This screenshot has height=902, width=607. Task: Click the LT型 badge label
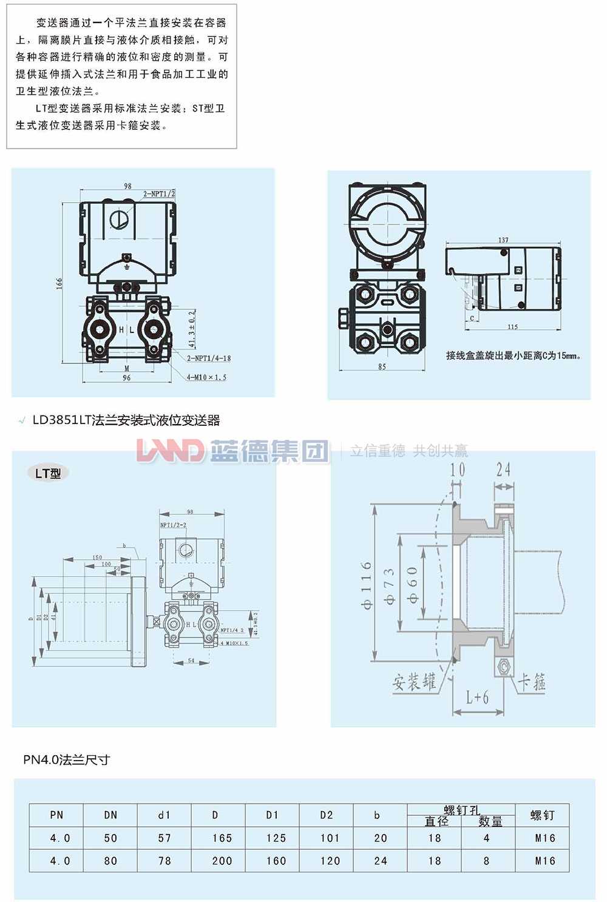(x=49, y=473)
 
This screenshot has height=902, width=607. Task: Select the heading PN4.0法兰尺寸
(x=67, y=759)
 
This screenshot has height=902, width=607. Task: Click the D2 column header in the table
(x=327, y=815)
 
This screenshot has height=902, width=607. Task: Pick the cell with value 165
(x=222, y=838)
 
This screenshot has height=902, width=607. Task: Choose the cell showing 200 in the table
(x=222, y=861)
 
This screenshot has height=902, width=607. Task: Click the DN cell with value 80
(x=110, y=861)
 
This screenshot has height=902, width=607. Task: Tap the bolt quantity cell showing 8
(x=486, y=861)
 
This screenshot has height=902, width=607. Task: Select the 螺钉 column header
(x=542, y=815)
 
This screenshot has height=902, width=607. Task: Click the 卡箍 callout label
(x=532, y=682)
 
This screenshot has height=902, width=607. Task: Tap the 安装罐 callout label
(x=414, y=682)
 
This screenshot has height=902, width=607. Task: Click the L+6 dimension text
(x=477, y=697)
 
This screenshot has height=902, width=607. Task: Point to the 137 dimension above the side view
(x=503, y=240)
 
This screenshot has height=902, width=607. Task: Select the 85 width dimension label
(x=382, y=366)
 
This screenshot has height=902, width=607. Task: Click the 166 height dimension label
(x=59, y=284)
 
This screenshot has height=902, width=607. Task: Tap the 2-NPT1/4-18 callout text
(x=208, y=358)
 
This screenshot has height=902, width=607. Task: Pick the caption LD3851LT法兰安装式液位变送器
(x=126, y=420)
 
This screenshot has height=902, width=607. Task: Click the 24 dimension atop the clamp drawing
(x=503, y=469)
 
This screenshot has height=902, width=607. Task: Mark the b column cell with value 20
(x=381, y=838)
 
